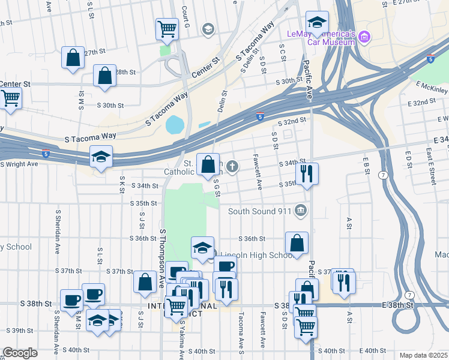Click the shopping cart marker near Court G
coord(167,28)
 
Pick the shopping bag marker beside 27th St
coord(73,58)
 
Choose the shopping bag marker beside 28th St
coord(104,76)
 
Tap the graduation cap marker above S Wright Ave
coord(101,157)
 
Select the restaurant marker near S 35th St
coord(307,174)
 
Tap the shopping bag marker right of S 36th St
coord(297,243)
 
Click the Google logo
coord(20,353)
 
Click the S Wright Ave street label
coord(19,164)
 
